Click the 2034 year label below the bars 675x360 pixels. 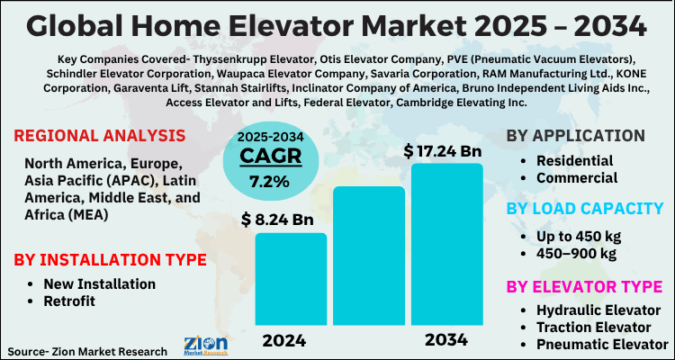(447, 340)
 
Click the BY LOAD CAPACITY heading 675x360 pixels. (585, 208)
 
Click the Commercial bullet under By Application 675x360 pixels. (577, 178)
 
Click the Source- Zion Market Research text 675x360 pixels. (87, 350)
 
